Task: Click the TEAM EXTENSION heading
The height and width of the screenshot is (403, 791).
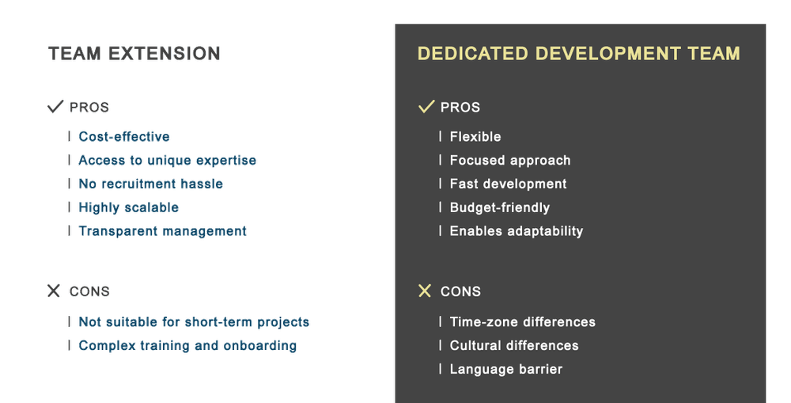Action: (134, 54)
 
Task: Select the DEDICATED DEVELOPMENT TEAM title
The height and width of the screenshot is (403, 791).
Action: (579, 54)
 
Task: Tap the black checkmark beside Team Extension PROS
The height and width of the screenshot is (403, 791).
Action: (55, 106)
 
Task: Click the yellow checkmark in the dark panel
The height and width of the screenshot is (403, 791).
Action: (426, 106)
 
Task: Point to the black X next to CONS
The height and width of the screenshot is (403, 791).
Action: (54, 291)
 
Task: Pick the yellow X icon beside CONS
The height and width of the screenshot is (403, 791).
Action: (425, 291)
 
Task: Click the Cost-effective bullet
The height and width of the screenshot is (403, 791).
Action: (124, 136)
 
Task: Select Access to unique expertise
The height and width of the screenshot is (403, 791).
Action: (168, 160)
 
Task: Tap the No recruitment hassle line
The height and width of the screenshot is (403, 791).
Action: (151, 184)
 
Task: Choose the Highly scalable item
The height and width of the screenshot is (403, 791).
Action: (129, 207)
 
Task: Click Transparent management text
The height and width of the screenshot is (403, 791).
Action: (162, 231)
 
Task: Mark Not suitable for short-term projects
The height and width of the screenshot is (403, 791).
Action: (195, 322)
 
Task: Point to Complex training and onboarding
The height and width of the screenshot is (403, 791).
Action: (187, 346)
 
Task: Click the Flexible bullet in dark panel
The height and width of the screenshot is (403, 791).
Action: (475, 136)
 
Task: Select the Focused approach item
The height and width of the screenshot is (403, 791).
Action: (510, 161)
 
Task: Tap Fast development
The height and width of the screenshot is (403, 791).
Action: (508, 184)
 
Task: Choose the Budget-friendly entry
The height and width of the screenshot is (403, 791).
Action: (500, 207)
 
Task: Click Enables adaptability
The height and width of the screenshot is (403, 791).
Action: (517, 231)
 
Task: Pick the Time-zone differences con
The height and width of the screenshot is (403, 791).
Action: (523, 321)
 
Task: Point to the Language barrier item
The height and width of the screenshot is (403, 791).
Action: (506, 369)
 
